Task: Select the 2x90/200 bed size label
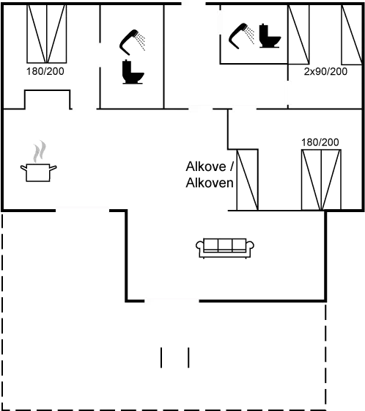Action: pyautogui.click(x=325, y=71)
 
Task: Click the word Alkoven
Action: pyautogui.click(x=209, y=183)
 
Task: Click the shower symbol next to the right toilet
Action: pyautogui.click(x=243, y=34)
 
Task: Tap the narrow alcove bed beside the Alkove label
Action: pyautogui.click(x=246, y=180)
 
